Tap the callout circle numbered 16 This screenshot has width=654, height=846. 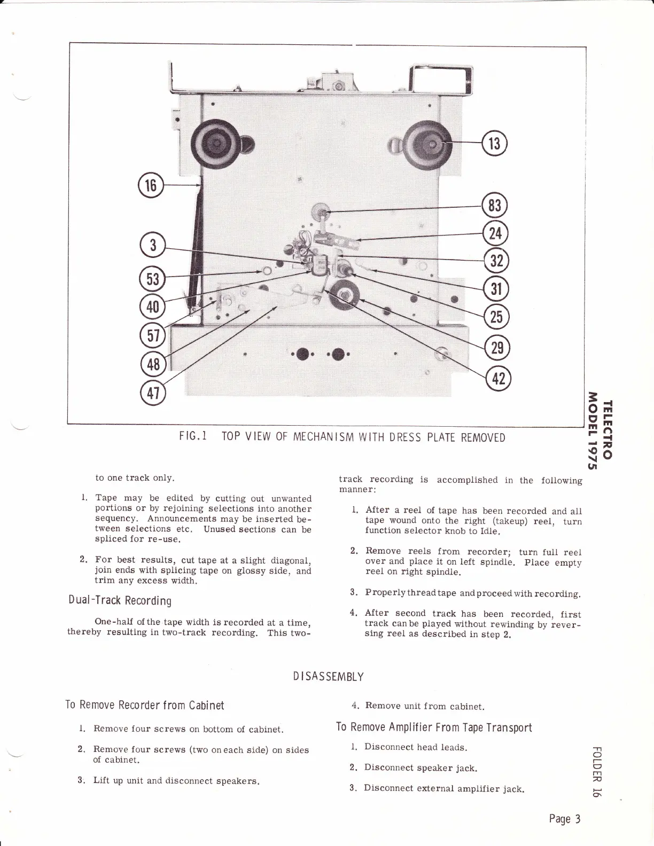pos(151,185)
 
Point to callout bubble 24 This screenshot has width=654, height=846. pos(495,233)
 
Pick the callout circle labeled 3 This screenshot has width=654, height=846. pos(153,246)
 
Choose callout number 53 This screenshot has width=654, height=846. pos(152,279)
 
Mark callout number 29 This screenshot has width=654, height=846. pos(497,348)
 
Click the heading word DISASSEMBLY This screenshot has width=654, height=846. pos(328,677)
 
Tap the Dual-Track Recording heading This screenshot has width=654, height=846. pos(120,600)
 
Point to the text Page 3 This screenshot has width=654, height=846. pos(565,818)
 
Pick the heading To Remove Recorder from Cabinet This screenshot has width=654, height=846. pos(145,705)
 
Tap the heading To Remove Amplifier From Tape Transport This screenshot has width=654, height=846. pos(434,727)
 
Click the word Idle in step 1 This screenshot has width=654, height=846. pos(489,531)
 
